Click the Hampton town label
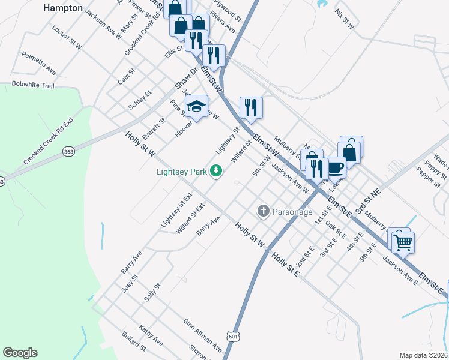tap(63, 8)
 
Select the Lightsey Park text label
tap(181, 172)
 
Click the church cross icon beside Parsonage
tap(263, 211)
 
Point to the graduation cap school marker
tap(196, 107)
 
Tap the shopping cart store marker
tap(403, 242)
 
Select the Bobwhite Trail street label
tap(33, 86)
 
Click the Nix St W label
tap(345, 19)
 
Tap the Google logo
tap(20, 353)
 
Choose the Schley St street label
tap(140, 100)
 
